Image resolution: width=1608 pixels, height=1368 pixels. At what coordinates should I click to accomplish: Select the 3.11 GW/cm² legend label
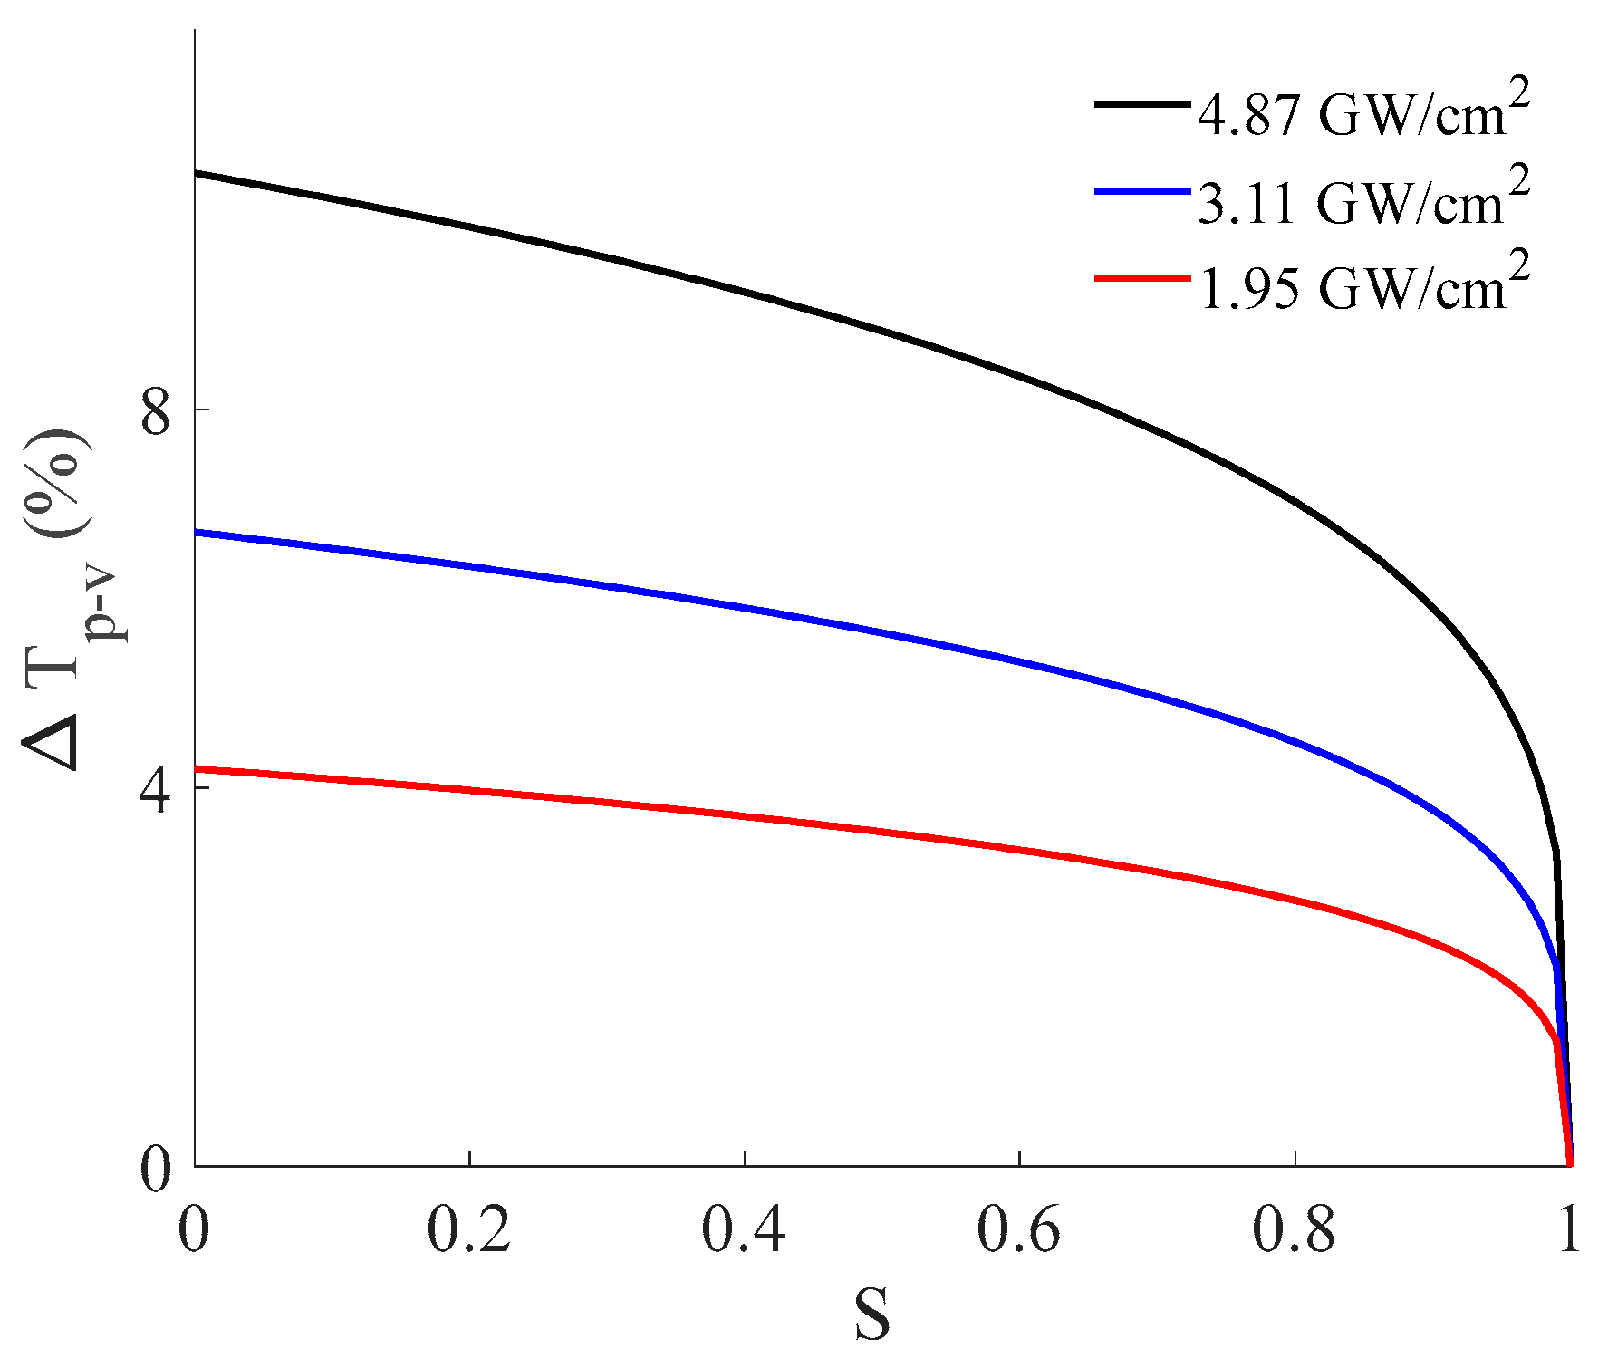tap(1363, 200)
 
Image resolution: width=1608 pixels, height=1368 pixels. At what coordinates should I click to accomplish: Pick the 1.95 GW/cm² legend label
tap(1363, 286)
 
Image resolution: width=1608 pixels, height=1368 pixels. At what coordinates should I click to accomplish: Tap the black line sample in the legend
tap(1141, 104)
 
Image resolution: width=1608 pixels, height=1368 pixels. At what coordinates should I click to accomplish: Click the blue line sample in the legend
tap(1141, 191)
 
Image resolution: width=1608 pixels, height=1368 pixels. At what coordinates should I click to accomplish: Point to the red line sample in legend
tap(1141, 278)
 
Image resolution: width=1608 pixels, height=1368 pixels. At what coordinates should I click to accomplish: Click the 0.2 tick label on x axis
tap(469, 1231)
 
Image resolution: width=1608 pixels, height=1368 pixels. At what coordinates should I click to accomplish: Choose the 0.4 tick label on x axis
tap(745, 1231)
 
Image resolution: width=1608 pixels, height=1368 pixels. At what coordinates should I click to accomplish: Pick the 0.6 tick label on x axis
tap(1020, 1231)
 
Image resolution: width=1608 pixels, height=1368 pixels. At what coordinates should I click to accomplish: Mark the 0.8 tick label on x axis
tap(1295, 1231)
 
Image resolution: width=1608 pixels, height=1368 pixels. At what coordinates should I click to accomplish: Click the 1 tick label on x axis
tap(1570, 1231)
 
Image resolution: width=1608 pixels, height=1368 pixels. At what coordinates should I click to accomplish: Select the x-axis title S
tap(872, 1315)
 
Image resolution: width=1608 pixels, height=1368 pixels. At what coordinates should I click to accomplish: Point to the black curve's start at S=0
tap(197, 172)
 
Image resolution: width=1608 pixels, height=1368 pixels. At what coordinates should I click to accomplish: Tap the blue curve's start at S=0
tap(197, 532)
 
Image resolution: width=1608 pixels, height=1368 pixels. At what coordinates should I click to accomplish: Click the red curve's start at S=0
tap(197, 768)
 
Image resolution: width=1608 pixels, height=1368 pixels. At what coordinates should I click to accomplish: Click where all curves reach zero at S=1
tap(1570, 1164)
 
